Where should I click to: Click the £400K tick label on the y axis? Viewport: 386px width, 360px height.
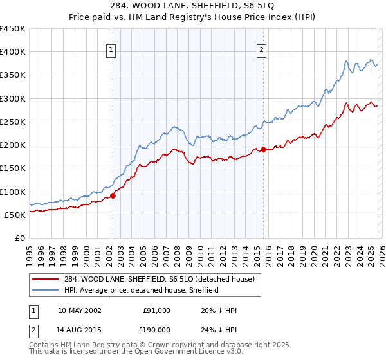[13, 52]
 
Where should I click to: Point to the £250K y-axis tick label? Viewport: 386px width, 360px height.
[13, 122]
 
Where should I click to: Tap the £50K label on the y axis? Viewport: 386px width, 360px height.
[15, 215]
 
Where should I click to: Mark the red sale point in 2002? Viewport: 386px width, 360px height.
[113, 195]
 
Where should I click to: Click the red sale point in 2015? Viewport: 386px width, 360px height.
[263, 150]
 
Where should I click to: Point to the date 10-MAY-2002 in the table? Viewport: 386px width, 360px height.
[79, 310]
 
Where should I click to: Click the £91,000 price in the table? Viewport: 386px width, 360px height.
[156, 310]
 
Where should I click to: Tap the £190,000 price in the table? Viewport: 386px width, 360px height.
[156, 331]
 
